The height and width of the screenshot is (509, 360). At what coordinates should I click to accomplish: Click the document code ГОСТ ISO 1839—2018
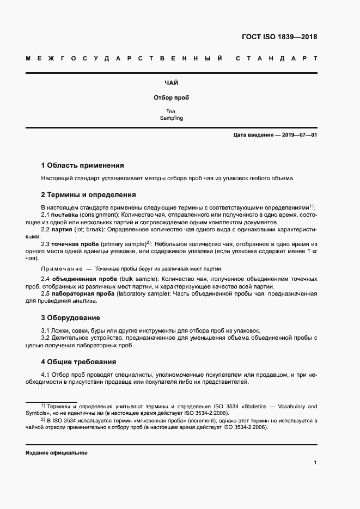(x=279, y=37)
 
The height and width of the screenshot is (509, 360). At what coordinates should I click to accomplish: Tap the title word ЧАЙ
(x=172, y=83)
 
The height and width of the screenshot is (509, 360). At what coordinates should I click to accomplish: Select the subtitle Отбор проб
(x=172, y=98)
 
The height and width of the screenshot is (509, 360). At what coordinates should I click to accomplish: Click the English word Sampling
(x=172, y=118)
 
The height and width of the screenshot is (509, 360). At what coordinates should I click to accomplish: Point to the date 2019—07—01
(x=298, y=135)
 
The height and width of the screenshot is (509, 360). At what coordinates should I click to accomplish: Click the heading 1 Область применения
(x=83, y=165)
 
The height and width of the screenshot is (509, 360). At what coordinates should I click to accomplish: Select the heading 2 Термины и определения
(x=88, y=194)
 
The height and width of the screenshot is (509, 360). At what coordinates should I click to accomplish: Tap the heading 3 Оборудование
(x=71, y=317)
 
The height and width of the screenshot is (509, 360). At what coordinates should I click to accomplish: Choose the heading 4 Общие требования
(x=78, y=361)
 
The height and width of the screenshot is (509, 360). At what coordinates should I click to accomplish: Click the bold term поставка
(x=65, y=214)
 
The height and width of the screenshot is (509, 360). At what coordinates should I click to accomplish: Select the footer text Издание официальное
(x=56, y=453)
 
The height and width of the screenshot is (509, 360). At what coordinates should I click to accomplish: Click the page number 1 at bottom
(x=315, y=463)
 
